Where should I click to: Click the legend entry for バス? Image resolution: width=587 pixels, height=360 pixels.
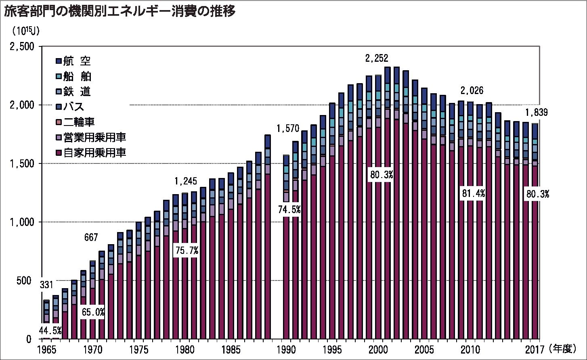70,107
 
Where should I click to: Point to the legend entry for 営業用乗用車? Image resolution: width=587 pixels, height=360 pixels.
91,138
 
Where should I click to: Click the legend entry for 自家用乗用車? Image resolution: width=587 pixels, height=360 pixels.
91,153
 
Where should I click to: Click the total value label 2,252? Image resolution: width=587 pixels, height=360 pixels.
379,59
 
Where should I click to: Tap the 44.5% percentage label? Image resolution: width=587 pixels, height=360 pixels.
50,331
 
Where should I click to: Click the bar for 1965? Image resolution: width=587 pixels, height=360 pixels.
46,319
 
